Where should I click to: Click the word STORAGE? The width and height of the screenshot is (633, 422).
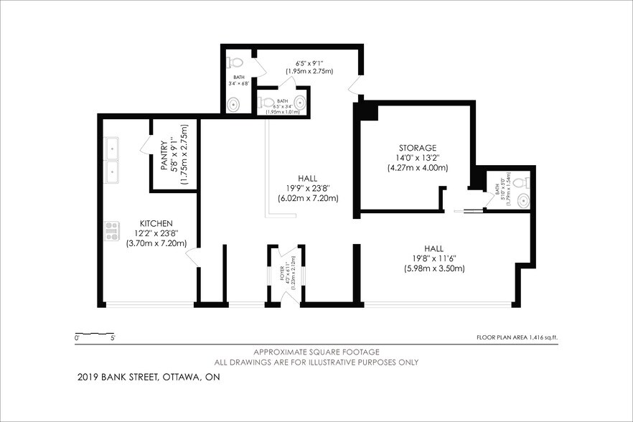(408, 148)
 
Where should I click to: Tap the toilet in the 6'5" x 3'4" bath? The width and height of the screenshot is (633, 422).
(266, 103)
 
